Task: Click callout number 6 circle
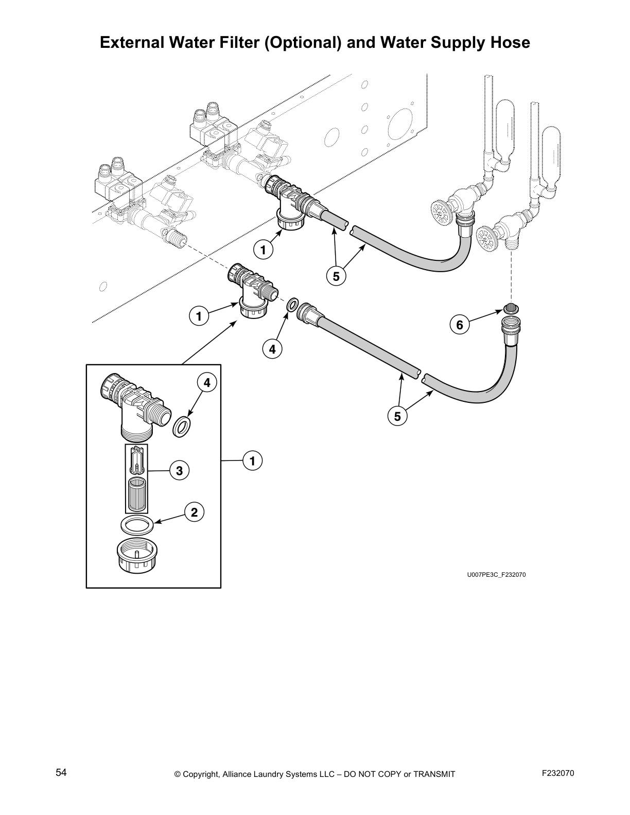[x=460, y=325]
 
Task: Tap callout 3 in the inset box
[x=179, y=470]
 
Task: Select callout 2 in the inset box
[x=194, y=512]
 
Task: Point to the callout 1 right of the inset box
[x=252, y=462]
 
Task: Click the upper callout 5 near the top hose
[x=336, y=276]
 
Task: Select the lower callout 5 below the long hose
[x=397, y=416]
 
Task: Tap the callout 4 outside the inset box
[x=272, y=349]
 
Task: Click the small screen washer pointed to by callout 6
[x=511, y=309]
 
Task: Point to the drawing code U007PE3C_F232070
[x=496, y=575]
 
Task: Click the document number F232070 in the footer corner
[x=558, y=773]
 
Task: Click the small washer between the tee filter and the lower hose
[x=291, y=305]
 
